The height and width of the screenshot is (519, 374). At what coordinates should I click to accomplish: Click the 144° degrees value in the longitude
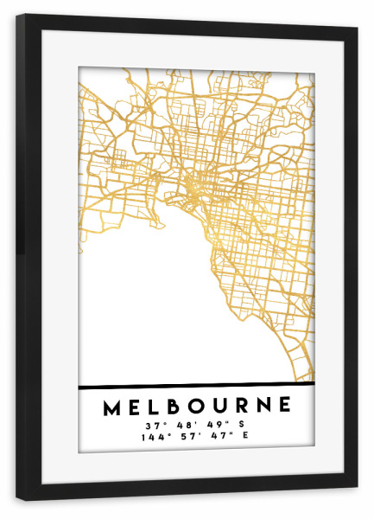coord(153,437)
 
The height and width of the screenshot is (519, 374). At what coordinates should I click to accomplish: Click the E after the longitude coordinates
coord(246,437)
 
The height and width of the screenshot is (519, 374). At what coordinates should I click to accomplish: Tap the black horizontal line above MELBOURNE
coord(196,384)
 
